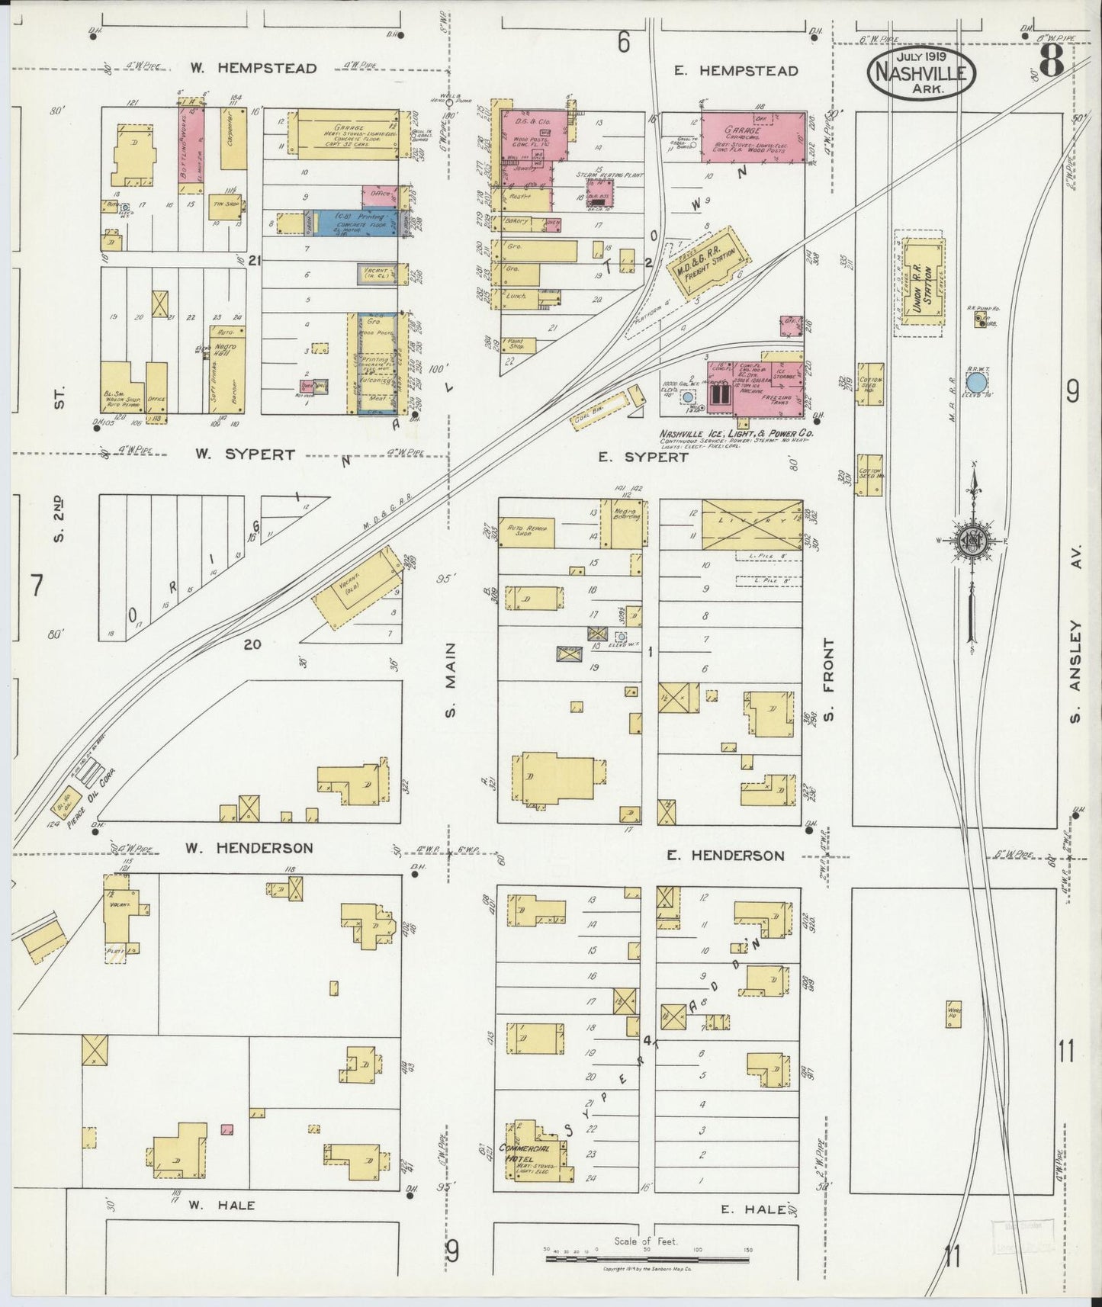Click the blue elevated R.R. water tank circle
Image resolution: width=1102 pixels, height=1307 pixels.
(x=975, y=380)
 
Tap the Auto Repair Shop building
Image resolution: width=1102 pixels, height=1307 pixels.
(x=526, y=533)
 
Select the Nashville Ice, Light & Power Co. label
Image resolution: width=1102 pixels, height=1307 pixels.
(x=737, y=433)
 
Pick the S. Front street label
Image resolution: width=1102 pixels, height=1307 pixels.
(x=829, y=679)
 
